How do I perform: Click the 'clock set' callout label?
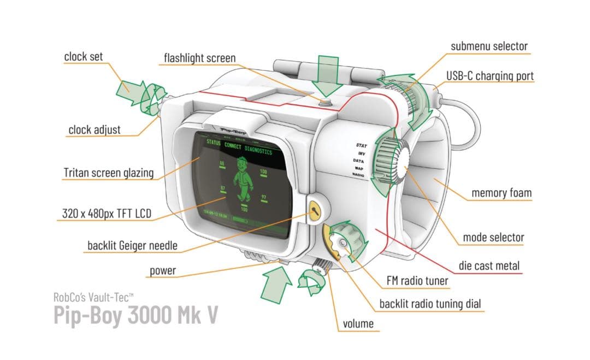pos(83,56)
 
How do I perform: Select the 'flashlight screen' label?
pos(200,58)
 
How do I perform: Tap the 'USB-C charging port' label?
pos(489,75)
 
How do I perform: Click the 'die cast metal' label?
pos(489,266)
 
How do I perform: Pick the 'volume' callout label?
pos(358,323)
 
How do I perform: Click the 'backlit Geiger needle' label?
pos(132,246)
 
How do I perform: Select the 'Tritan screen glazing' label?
pos(108,174)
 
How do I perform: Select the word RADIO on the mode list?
pos(358,175)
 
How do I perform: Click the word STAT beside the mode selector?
pos(361,145)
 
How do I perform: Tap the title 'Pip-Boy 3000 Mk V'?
pos(135,316)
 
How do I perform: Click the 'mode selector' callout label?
pos(493,237)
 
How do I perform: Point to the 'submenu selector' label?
pos(489,46)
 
